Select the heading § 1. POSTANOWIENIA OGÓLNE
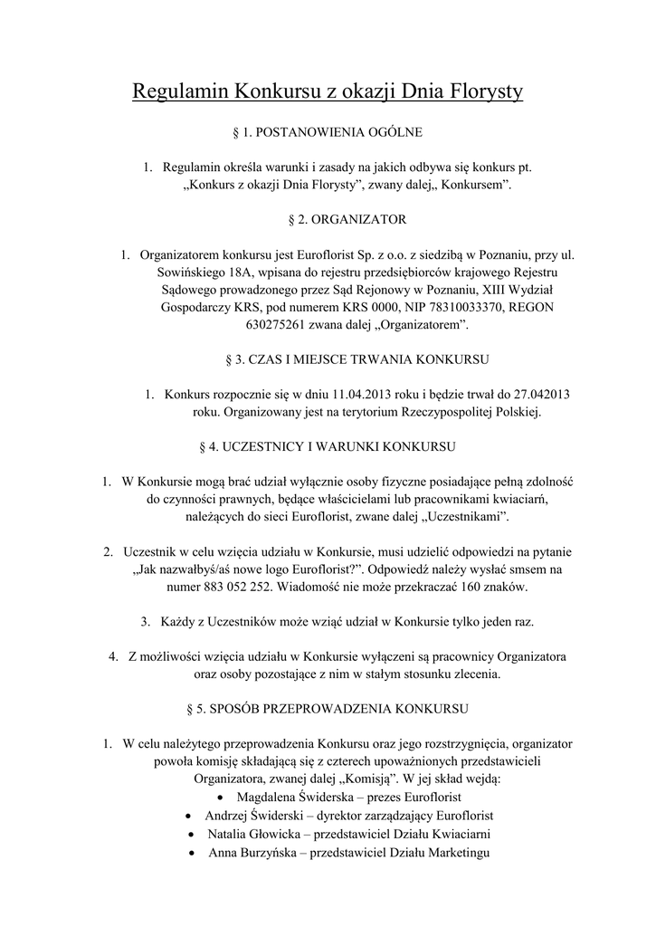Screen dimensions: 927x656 (328, 132)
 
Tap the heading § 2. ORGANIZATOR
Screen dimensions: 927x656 (328, 219)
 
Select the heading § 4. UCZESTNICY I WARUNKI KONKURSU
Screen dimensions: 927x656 (328, 446)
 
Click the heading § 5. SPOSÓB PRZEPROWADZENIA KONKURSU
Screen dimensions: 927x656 (328, 708)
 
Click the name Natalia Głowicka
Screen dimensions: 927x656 (254, 834)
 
